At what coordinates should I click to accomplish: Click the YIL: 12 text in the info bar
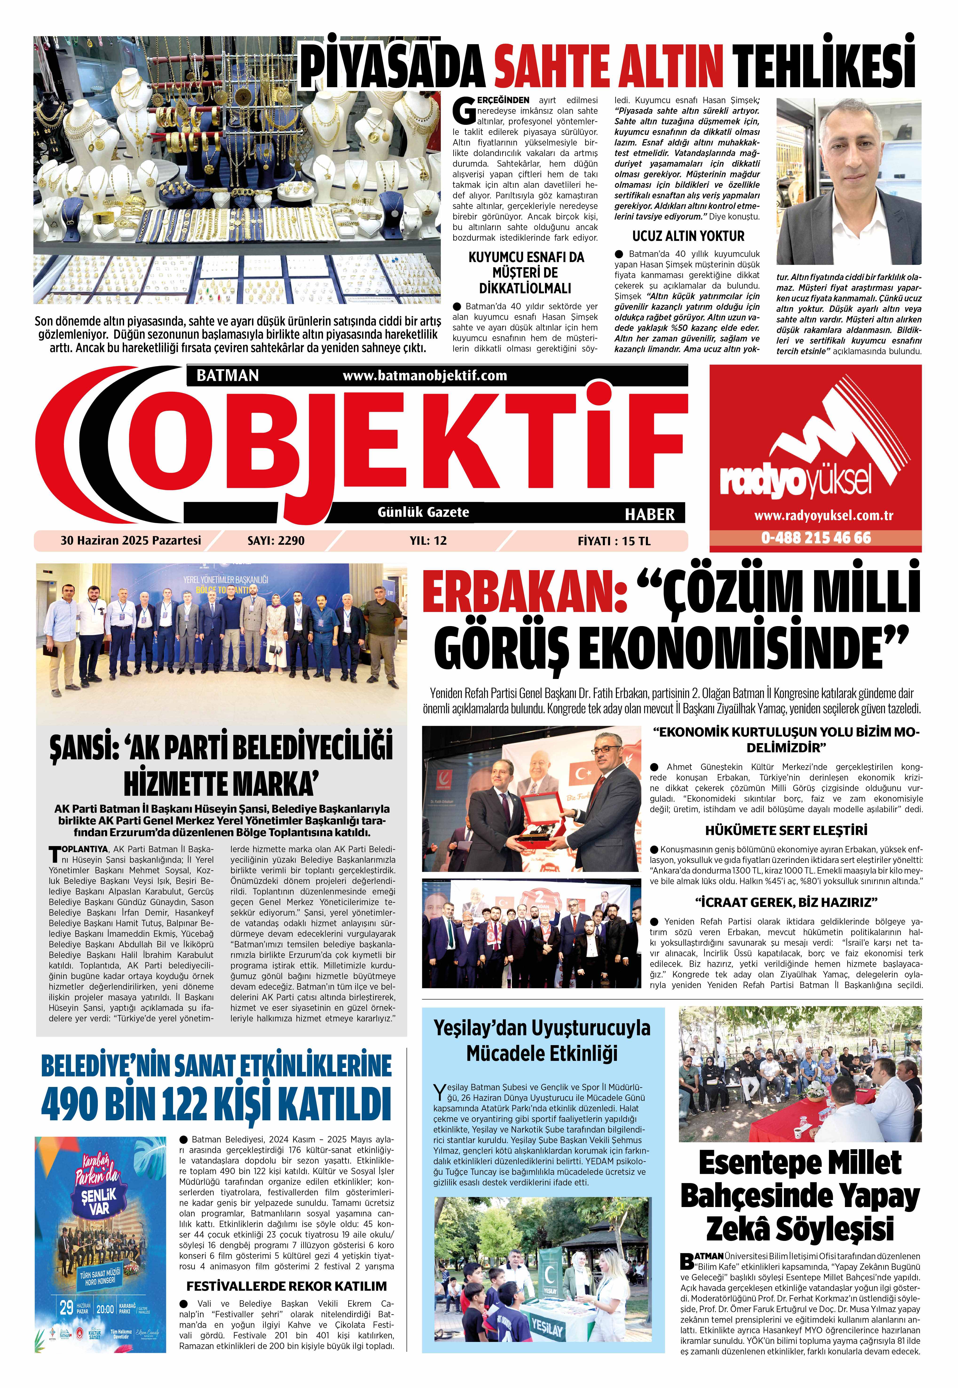coord(428,541)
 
